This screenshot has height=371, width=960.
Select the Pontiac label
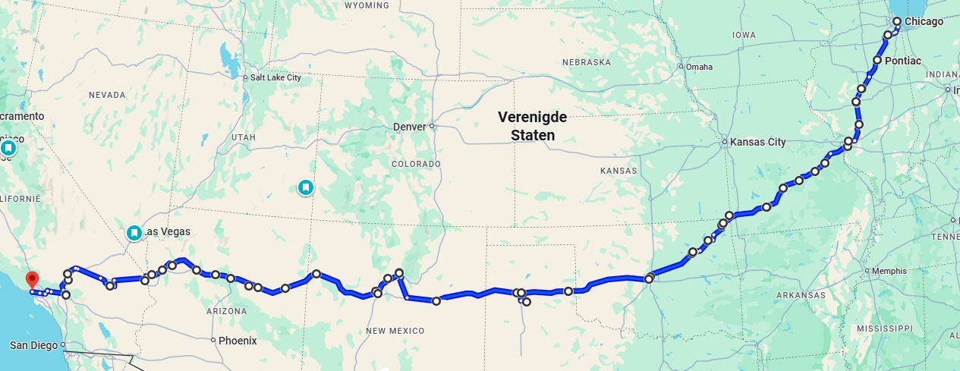tap(902, 60)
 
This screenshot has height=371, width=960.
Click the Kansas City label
tap(757, 142)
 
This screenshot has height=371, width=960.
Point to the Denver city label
tap(410, 126)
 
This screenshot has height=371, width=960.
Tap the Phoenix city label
tap(237, 341)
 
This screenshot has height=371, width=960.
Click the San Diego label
tap(33, 345)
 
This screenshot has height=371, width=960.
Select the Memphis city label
tap(889, 271)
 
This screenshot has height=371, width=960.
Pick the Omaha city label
tap(699, 67)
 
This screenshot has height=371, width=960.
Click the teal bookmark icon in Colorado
tap(306, 187)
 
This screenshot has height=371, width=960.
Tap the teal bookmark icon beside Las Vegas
tap(134, 232)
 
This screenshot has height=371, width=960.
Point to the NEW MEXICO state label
tap(395, 331)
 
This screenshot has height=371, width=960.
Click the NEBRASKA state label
tap(587, 62)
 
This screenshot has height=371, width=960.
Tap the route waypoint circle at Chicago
tap(896, 21)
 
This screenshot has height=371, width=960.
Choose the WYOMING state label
tap(367, 5)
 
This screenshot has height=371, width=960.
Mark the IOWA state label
tap(744, 35)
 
